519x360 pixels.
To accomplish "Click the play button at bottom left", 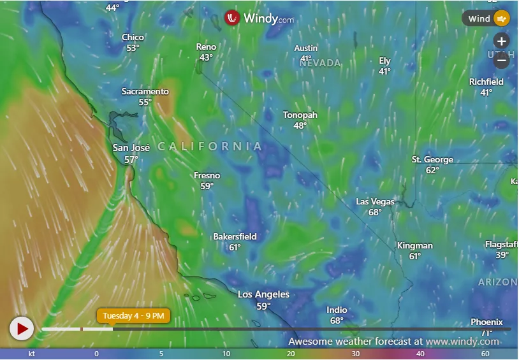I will (21, 329).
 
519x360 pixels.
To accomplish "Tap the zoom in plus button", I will (502, 41).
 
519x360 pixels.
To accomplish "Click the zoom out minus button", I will (502, 61).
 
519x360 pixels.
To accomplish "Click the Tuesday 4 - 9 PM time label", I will (133, 315).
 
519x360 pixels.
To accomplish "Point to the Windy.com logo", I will (260, 18).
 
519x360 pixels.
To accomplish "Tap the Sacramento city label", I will (145, 92).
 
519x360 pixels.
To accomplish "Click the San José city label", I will (131, 148).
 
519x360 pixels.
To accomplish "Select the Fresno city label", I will (207, 176).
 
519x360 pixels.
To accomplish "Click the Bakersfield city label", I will (235, 237).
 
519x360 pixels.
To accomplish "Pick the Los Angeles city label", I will (263, 294).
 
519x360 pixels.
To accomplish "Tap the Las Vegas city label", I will (375, 202).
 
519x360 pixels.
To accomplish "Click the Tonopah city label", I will (300, 115).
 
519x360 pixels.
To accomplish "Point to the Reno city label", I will (206, 47).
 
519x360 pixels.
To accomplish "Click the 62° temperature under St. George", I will (432, 170).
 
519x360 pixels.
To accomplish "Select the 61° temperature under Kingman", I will (415, 256).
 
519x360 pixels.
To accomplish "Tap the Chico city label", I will (133, 38).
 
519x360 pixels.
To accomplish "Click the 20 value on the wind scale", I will (291, 354).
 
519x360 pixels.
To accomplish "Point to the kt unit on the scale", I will (31, 354).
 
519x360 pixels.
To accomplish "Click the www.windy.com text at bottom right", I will (462, 342).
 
